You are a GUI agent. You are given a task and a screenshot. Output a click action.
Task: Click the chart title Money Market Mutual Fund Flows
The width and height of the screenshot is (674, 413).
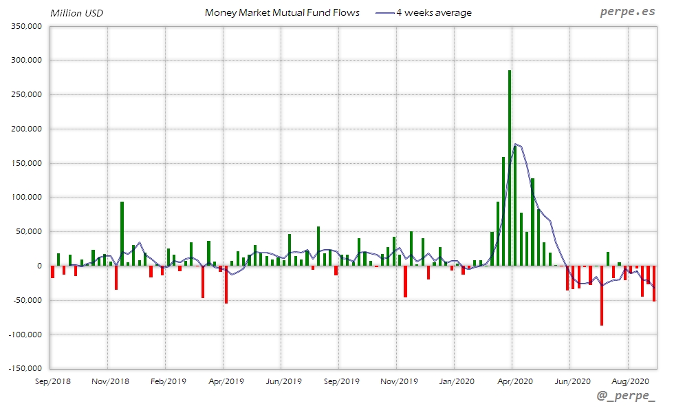tap(282, 13)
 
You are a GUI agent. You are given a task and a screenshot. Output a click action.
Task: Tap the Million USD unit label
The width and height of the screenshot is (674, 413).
tap(76, 13)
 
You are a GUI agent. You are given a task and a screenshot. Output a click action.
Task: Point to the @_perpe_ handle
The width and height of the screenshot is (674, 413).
tap(627, 398)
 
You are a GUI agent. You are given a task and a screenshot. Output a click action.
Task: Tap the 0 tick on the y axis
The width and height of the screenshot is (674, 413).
tap(39, 266)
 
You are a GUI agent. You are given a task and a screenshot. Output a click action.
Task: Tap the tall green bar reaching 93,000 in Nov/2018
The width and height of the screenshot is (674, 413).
tap(122, 234)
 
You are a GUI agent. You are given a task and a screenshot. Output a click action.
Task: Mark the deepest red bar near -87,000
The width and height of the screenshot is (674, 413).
tap(602, 296)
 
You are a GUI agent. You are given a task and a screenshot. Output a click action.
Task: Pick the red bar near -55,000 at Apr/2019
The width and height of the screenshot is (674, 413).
tap(226, 285)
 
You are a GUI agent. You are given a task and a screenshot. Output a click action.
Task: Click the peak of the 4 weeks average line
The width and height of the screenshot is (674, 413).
tap(516, 145)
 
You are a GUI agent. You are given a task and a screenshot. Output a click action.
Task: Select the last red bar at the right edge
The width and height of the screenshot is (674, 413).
tap(654, 284)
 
